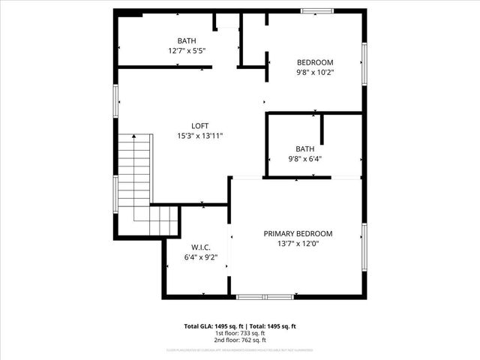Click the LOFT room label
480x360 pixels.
(199, 125)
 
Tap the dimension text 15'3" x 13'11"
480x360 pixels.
(199, 136)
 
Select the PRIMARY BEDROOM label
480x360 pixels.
(298, 233)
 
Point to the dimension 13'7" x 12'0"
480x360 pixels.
(298, 244)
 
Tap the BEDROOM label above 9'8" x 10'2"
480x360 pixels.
(315, 62)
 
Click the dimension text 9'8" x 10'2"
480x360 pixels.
(315, 73)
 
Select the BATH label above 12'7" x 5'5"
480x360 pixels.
(187, 40)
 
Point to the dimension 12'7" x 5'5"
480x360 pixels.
(187, 51)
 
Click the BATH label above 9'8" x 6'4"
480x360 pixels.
(305, 148)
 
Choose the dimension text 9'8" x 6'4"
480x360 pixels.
(305, 159)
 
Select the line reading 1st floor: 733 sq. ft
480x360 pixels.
(240, 334)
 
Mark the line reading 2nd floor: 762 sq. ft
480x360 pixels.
(240, 341)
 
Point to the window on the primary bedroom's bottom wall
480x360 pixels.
(265, 297)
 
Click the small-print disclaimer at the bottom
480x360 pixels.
(240, 350)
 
